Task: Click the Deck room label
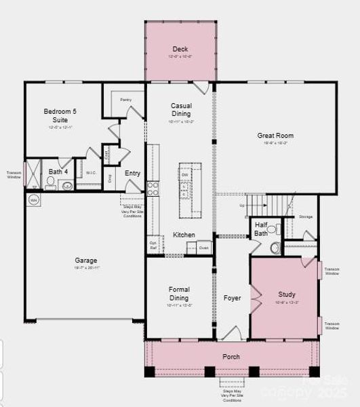click(x=180, y=49)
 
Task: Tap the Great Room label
click(x=275, y=136)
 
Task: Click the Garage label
click(x=86, y=260)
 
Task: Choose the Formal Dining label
click(x=179, y=294)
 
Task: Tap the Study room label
click(x=287, y=294)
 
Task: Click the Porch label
click(x=231, y=356)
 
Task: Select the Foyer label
click(x=233, y=298)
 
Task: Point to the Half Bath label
click(x=261, y=229)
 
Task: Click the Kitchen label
click(x=184, y=235)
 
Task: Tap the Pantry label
click(x=125, y=100)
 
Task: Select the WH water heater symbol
click(x=33, y=199)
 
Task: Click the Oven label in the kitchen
click(x=203, y=248)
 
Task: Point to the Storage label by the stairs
click(x=306, y=217)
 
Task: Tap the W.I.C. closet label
click(x=91, y=173)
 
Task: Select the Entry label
click(x=132, y=174)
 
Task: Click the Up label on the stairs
click(x=242, y=204)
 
